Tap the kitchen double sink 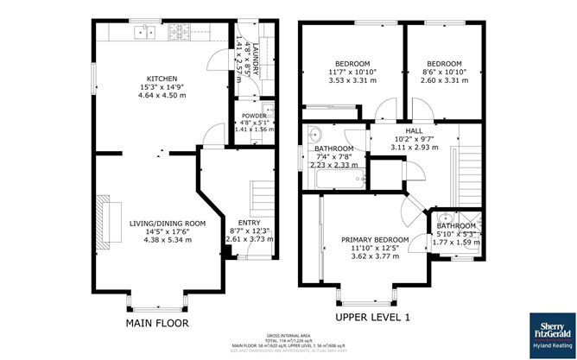click(x=145, y=33)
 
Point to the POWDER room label click(x=254, y=115)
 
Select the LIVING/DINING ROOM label click(x=168, y=224)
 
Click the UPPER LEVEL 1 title click(x=372, y=317)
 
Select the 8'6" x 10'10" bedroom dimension click(x=444, y=73)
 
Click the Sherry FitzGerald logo click(x=548, y=331)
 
